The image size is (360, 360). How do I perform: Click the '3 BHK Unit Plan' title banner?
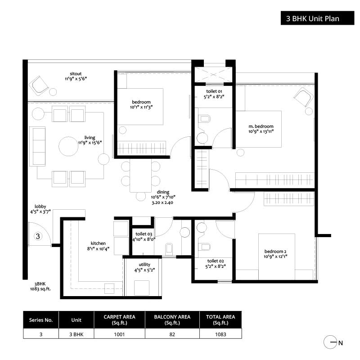(317, 18)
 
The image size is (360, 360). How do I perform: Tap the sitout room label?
(76, 74)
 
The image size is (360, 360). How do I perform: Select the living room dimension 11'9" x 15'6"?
(90, 143)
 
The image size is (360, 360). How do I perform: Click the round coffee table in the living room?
(68, 146)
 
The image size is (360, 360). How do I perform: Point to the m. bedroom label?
(261, 126)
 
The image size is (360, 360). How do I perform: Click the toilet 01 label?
(214, 91)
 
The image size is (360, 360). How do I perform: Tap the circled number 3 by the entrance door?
(38, 236)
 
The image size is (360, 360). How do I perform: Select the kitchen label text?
(98, 243)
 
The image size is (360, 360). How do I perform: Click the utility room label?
(144, 265)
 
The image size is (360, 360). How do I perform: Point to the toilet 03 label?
(144, 234)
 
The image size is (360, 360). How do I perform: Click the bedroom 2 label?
(275, 252)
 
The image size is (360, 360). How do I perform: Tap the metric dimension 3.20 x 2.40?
(162, 202)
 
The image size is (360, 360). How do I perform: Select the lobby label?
(40, 207)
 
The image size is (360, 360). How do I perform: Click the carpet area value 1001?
(119, 334)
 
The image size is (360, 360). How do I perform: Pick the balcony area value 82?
(172, 334)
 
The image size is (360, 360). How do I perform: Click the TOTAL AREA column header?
(220, 319)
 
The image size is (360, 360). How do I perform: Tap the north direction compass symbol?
(330, 342)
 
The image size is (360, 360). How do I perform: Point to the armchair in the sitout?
(39, 86)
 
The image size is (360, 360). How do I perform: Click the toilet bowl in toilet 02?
(204, 247)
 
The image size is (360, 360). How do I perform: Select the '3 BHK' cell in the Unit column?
(76, 334)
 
